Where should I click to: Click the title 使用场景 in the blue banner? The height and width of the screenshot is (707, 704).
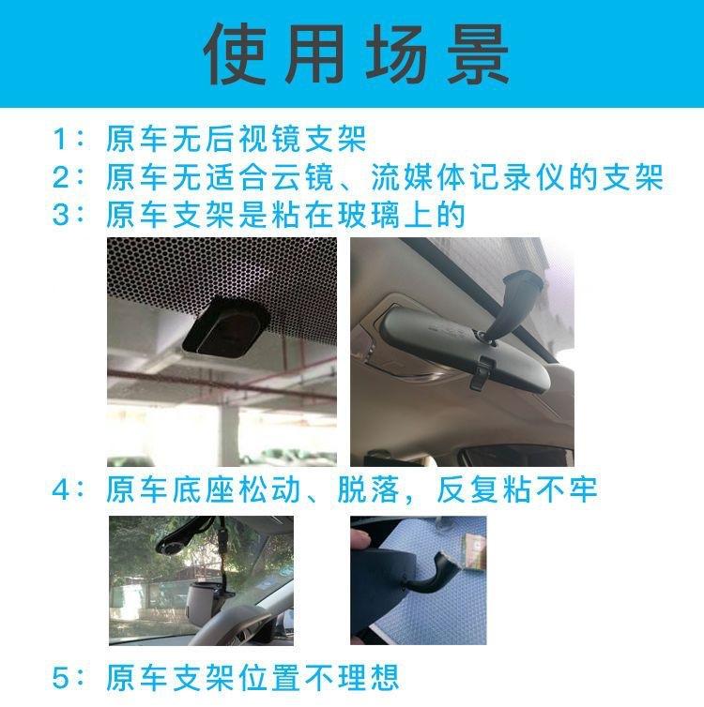357,54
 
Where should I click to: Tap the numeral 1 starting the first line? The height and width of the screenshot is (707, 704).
60,139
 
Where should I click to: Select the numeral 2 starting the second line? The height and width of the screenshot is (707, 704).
60,176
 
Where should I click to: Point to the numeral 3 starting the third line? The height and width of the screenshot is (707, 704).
60,214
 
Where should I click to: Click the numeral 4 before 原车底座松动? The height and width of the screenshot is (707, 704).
60,489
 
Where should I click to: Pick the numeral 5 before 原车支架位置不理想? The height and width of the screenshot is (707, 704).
60,677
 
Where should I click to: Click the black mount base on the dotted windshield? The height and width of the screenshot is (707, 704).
225,323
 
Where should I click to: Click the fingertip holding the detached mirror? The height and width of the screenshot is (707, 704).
360,539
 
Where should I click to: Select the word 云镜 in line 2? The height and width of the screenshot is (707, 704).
302,176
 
